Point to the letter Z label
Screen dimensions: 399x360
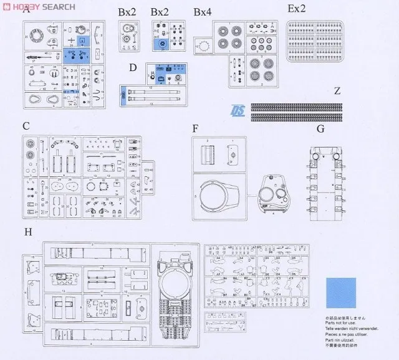[x=337, y=91]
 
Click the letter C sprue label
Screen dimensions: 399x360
[x=26, y=126]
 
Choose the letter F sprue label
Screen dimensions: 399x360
[x=196, y=129]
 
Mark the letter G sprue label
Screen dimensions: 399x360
[x=320, y=130]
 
